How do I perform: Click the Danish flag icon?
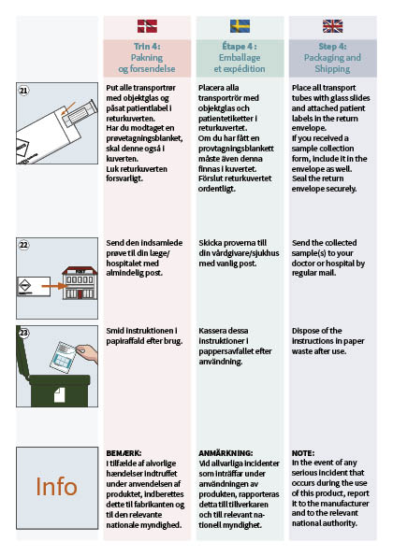(x=147, y=26)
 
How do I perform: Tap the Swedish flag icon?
(x=240, y=26)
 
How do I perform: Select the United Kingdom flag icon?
(x=333, y=26)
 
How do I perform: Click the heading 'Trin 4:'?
(x=147, y=47)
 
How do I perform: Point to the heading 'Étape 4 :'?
(x=240, y=47)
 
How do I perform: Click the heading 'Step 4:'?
(x=333, y=47)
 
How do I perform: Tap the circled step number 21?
(x=23, y=91)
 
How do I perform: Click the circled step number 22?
(x=23, y=245)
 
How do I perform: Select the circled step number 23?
(x=23, y=333)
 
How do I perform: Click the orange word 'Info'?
(x=56, y=487)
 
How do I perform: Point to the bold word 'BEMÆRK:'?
(x=124, y=453)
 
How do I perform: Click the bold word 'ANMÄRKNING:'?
(x=226, y=453)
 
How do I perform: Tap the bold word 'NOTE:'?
(x=303, y=453)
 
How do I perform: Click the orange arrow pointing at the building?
(x=53, y=286)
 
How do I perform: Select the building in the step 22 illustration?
(x=80, y=282)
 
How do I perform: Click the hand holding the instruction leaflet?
(x=87, y=353)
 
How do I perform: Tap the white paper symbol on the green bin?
(x=59, y=394)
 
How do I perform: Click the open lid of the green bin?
(x=22, y=354)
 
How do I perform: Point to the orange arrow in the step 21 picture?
(x=68, y=108)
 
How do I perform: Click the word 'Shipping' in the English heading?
(x=332, y=69)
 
